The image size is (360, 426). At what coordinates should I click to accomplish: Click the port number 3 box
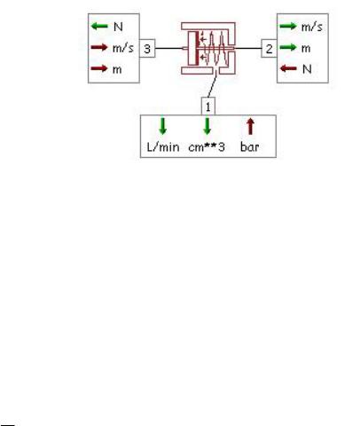click(x=147, y=48)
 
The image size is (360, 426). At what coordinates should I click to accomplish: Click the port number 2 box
click(x=269, y=49)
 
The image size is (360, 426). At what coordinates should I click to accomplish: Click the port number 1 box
click(x=208, y=106)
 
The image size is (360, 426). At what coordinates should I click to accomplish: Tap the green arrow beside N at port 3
click(x=99, y=27)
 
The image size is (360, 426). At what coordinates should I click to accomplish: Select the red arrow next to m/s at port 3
click(x=99, y=47)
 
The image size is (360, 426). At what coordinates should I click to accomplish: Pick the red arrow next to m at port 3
click(x=99, y=68)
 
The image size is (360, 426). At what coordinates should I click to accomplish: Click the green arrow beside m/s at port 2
click(x=288, y=27)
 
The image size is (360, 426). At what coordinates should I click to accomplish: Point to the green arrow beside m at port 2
click(x=288, y=47)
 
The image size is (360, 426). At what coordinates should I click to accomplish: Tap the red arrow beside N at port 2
click(x=288, y=68)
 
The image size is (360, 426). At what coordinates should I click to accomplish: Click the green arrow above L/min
click(x=162, y=126)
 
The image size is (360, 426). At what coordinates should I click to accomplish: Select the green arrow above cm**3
click(x=207, y=126)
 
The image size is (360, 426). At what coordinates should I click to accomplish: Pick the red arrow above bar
click(x=250, y=126)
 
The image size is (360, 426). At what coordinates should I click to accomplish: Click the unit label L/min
click(x=163, y=146)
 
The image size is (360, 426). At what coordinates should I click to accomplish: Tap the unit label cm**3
click(x=207, y=146)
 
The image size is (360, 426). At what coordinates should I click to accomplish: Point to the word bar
click(x=250, y=146)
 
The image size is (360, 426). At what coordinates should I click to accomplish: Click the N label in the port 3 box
click(x=118, y=27)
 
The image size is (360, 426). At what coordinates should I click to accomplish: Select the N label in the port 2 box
click(x=307, y=69)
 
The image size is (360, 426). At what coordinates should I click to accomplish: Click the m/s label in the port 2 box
click(x=312, y=27)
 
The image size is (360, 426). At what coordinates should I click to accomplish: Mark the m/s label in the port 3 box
click(x=123, y=48)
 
